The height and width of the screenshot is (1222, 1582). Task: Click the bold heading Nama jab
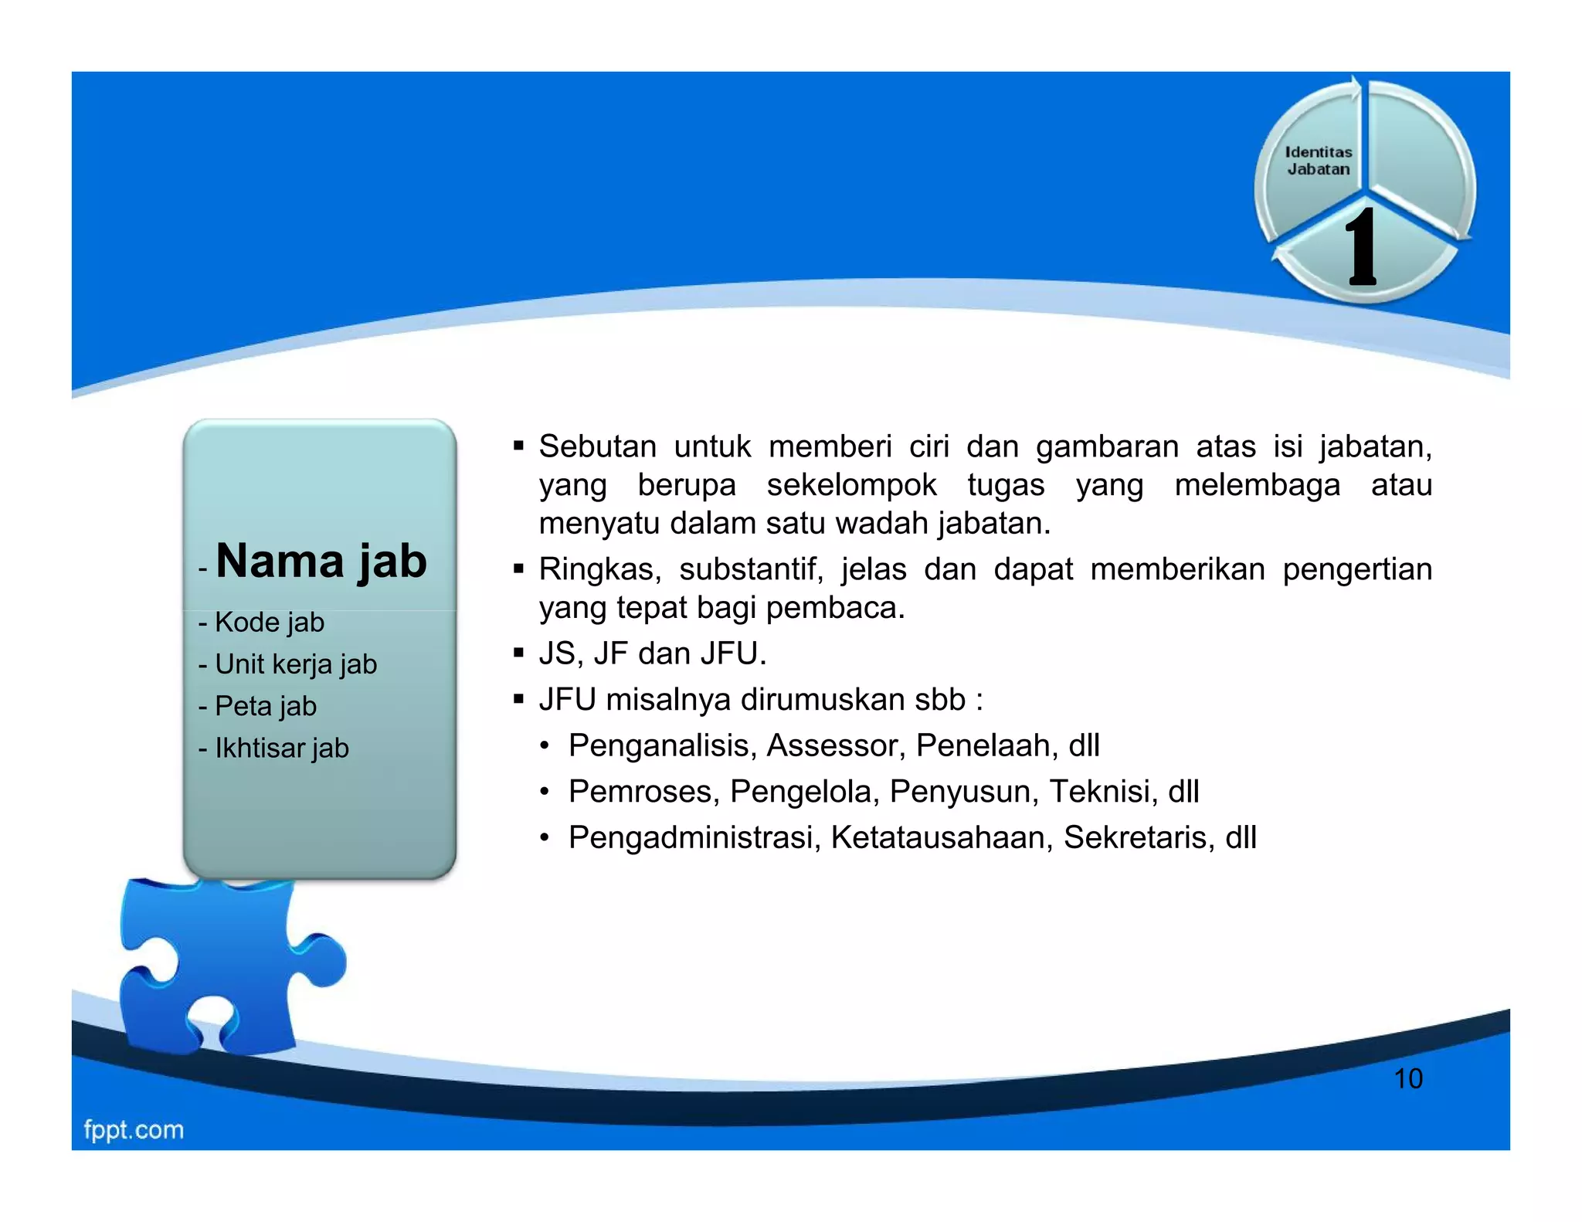(x=321, y=561)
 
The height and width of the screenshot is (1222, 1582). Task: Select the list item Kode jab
(x=269, y=623)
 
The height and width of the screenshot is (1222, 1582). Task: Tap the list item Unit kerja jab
(x=295, y=664)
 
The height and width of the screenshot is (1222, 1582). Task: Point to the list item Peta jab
(x=265, y=706)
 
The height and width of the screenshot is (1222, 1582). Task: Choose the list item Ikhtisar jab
(x=281, y=748)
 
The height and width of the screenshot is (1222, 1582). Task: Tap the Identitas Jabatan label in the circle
(x=1318, y=161)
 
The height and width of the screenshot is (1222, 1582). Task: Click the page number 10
(x=1407, y=1078)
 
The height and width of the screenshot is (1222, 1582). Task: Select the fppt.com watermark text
(x=134, y=1129)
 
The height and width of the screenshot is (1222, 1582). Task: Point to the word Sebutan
(x=597, y=446)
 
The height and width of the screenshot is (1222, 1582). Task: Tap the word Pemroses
(x=643, y=792)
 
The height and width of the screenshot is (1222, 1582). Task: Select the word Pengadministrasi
(x=694, y=837)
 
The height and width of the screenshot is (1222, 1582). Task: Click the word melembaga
(x=1257, y=485)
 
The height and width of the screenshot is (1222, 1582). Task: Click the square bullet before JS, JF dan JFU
(x=518, y=653)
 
